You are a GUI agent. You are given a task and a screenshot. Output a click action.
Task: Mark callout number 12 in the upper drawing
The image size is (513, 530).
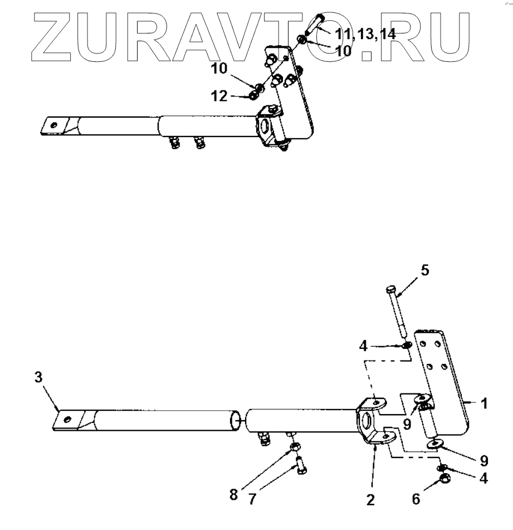pyautogui.click(x=218, y=96)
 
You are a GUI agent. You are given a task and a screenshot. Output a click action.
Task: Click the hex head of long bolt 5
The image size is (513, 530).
pyautogui.click(x=390, y=290)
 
